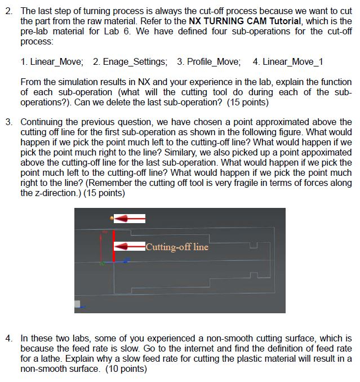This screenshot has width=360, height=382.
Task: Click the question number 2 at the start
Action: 8,11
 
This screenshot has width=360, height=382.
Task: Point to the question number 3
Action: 8,122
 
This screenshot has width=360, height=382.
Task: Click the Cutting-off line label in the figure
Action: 177,247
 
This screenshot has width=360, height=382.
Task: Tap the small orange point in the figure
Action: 112,217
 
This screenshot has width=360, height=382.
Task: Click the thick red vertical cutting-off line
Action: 114,246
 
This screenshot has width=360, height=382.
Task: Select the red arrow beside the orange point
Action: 131,218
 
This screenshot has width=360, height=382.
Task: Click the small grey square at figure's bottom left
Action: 78,304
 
